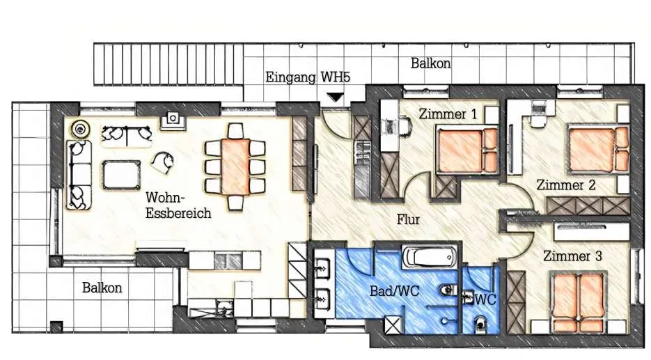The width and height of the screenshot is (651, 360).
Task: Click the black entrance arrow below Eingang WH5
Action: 336,97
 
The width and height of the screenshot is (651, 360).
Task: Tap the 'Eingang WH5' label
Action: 308,77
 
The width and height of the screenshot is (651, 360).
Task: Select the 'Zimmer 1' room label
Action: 448,114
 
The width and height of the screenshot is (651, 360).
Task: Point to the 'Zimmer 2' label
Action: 566,185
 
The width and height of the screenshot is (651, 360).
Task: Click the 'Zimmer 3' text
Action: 572,256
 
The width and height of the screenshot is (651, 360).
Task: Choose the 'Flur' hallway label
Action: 408,219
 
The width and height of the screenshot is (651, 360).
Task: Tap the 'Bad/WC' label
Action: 394,291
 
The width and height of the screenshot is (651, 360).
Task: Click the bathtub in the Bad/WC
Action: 430,257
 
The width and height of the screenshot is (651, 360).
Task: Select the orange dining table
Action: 235,166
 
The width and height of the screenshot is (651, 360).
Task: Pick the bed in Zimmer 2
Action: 597,150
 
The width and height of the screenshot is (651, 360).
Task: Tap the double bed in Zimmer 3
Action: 577,297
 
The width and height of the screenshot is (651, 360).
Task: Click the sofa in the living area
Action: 79,175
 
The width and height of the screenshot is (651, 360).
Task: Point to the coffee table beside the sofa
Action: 121,175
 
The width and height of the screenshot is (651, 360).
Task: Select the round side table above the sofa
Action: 79,129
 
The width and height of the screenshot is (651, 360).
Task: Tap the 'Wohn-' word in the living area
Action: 165,197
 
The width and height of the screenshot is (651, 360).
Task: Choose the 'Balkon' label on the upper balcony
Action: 430,63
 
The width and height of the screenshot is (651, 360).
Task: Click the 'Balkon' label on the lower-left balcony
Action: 102,288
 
